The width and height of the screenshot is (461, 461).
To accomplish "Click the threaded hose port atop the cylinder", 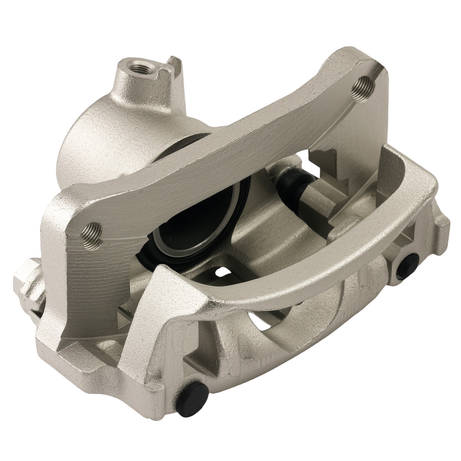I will tap(139, 69).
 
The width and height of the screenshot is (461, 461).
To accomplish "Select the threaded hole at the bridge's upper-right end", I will tap(362, 85).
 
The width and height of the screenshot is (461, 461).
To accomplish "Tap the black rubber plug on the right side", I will tap(407, 266).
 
